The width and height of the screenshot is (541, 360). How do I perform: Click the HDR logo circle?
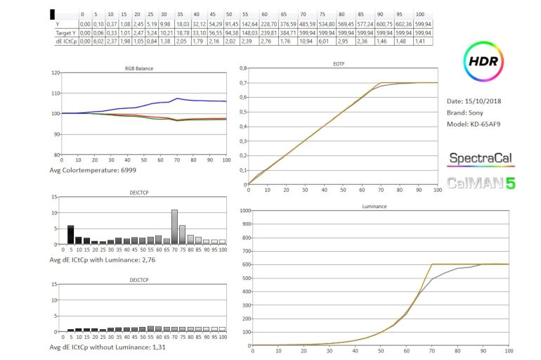pos(484,61)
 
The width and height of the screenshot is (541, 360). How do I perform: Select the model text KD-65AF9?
pos(484,124)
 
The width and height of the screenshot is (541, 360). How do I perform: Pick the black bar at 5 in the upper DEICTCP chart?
pos(71,235)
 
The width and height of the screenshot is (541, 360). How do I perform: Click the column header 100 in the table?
pos(420,14)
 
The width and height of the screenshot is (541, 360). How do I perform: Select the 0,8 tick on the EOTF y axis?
pos(243,68)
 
